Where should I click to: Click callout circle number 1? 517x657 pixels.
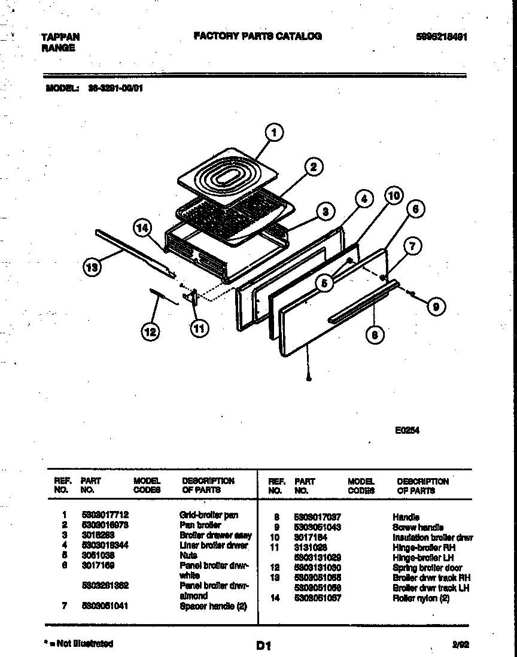point(273,133)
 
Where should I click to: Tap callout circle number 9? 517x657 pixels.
point(436,306)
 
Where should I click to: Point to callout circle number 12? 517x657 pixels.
point(151,331)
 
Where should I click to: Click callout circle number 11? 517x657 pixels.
point(199,327)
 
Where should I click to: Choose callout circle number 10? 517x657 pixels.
point(393,195)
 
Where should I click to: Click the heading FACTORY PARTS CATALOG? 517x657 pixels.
point(257,36)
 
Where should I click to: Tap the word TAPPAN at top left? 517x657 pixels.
point(60,36)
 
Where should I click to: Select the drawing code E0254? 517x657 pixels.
point(407,428)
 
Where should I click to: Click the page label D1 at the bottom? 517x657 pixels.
point(264,646)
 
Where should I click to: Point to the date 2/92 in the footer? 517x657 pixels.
point(460,644)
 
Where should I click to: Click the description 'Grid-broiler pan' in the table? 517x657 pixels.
point(208,515)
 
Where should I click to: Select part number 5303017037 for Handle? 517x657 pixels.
point(317,516)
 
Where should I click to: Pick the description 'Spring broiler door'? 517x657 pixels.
point(427,567)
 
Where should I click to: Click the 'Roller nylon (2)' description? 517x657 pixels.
point(421,598)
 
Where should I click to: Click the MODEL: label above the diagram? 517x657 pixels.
point(62,88)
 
